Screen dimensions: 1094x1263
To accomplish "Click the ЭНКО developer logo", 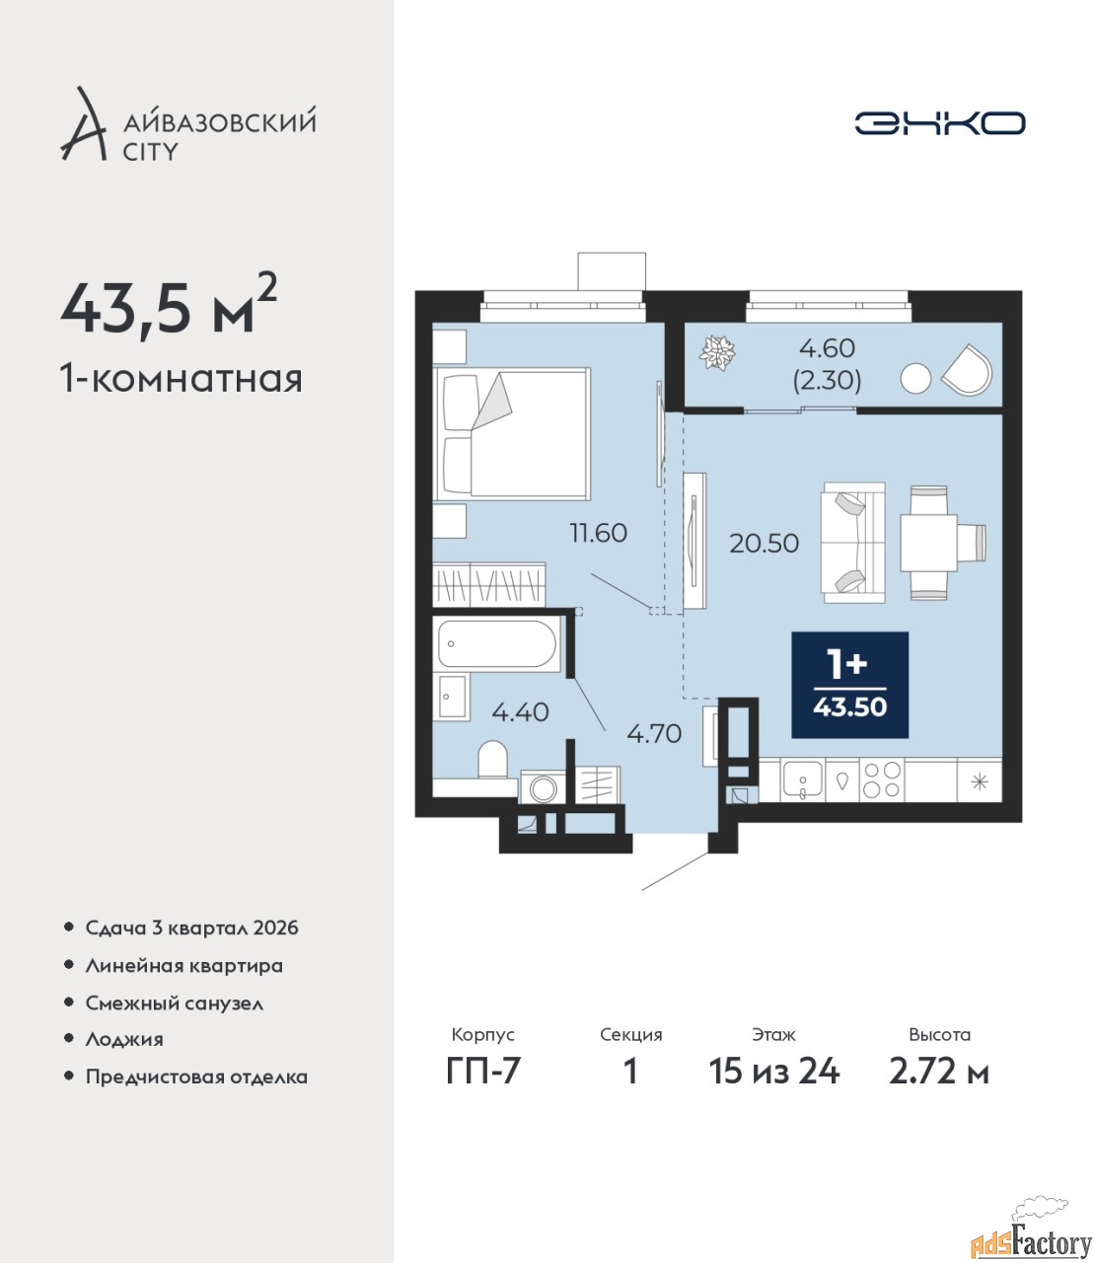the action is [939, 123].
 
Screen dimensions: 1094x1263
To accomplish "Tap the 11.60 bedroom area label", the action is [598, 534].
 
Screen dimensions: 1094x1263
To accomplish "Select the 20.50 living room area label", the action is [765, 544].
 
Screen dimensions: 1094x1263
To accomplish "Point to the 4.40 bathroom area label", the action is [521, 712].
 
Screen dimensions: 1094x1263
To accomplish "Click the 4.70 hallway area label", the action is [654, 733].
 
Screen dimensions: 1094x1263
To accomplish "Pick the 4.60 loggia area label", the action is [827, 348].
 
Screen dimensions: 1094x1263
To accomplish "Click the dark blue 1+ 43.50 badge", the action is [849, 685].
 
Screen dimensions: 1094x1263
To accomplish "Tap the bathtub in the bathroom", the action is [497, 644].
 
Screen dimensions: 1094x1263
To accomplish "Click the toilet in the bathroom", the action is [492, 760].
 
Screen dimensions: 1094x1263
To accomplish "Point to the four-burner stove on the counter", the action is [882, 780].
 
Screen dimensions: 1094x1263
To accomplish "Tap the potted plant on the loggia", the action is [717, 352].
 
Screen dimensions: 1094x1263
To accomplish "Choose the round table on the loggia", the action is [915, 378].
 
